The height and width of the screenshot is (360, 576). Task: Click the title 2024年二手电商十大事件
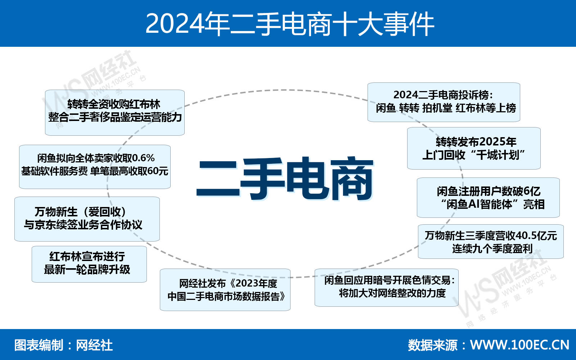[290, 24]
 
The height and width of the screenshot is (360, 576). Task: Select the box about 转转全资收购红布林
[115, 113]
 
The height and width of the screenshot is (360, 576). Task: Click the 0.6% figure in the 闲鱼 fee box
[143, 158]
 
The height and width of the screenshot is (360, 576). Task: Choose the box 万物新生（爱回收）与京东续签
[87, 219]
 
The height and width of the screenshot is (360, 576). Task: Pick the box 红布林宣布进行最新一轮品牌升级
[89, 264]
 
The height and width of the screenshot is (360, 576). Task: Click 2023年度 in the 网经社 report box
[256, 284]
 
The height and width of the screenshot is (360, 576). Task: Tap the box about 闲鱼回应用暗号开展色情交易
[387, 288]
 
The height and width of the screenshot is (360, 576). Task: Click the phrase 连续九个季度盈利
[492, 249]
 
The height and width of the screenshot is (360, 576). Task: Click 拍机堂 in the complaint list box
[437, 108]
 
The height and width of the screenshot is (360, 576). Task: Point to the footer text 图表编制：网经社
[63, 345]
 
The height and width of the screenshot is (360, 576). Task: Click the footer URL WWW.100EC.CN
[520, 345]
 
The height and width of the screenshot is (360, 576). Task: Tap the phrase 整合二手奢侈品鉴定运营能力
[115, 117]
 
